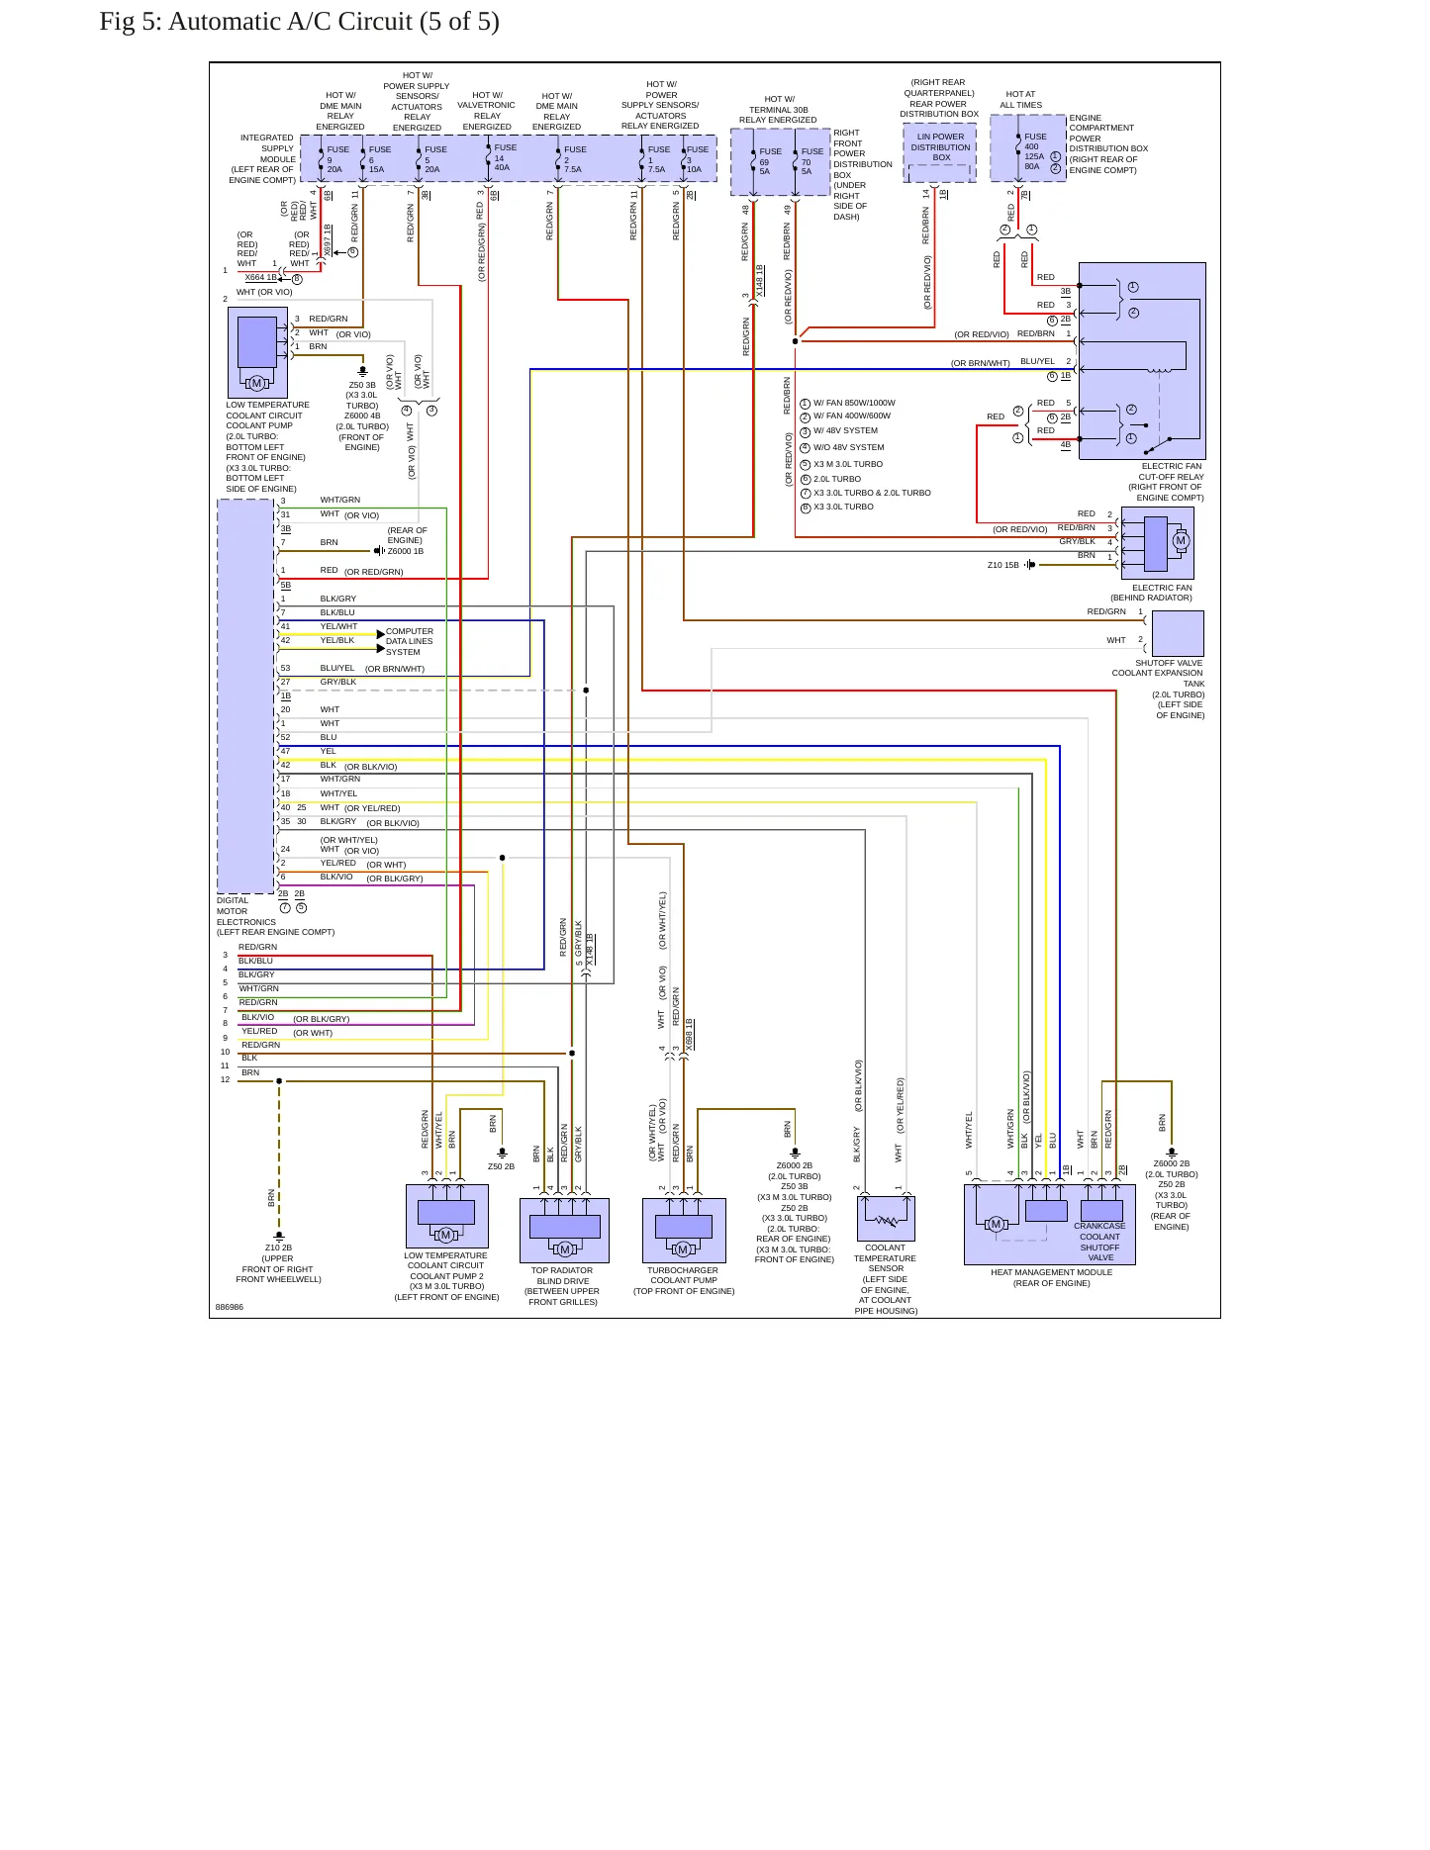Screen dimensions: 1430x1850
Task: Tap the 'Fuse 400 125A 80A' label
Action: click(1035, 151)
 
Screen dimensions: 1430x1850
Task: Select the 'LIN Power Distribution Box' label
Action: click(940, 147)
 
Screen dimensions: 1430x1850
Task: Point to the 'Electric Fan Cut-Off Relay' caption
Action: click(1168, 482)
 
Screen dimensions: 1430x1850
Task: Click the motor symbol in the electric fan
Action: click(1180, 541)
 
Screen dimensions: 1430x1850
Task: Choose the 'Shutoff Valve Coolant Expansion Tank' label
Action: click(1159, 689)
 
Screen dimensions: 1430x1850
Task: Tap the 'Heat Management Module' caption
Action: click(1051, 1278)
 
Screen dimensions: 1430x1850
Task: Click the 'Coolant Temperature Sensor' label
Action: click(886, 1279)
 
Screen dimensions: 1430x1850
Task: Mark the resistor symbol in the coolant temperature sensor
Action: click(887, 1221)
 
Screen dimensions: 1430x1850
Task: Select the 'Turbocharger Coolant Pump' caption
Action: click(683, 1280)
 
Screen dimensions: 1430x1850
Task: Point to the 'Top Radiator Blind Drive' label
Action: click(562, 1286)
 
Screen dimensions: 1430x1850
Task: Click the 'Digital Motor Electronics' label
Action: click(275, 916)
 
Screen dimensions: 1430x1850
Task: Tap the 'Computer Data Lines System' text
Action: click(410, 641)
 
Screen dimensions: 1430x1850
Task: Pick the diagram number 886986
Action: click(229, 1307)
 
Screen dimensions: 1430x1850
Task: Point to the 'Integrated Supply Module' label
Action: click(262, 159)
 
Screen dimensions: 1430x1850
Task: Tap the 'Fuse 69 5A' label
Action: click(770, 161)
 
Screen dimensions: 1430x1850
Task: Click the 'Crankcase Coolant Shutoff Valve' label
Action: click(1099, 1242)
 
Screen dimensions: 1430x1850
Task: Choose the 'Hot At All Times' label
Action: click(1020, 100)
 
